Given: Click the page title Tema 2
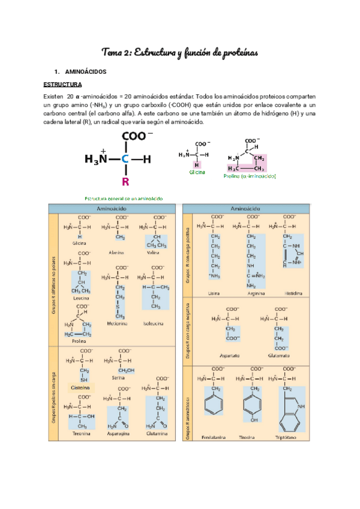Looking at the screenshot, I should pos(180,53).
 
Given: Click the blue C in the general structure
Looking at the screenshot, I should pos(125,159).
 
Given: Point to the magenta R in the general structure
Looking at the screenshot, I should pos(125,181).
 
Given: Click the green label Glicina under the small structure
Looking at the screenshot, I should pos(197,172).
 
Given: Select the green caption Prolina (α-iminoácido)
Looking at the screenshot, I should pos(249,176).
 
